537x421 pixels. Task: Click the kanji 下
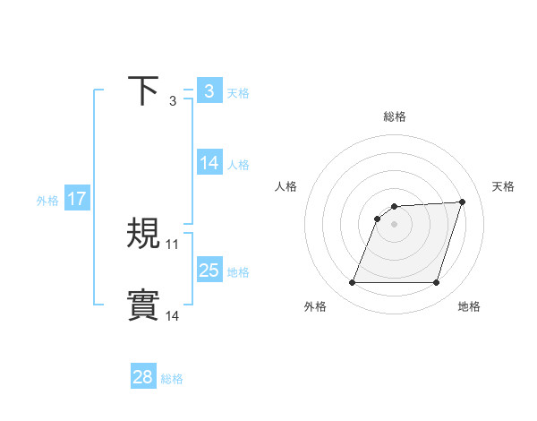[144, 90]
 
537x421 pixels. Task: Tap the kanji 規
[144, 234]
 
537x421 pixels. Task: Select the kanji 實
[144, 305]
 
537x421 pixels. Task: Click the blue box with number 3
[209, 91]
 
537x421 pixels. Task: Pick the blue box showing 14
[209, 163]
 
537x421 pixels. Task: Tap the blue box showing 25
[209, 270]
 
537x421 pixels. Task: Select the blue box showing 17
[77, 199]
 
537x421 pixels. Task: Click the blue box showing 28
[143, 377]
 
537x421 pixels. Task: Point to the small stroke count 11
[173, 244]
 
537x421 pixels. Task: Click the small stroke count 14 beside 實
[173, 315]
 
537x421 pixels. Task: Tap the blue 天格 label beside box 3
[238, 92]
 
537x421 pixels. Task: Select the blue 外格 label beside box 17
[47, 200]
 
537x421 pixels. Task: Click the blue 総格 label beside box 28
[172, 378]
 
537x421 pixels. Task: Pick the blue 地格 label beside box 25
[238, 271]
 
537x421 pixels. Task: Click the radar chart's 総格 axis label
[395, 117]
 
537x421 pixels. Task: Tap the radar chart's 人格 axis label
[286, 186]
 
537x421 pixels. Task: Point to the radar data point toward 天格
[463, 202]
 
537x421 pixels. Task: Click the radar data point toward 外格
[352, 283]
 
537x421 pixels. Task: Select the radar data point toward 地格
[437, 283]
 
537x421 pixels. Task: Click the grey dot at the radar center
[394, 224]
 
